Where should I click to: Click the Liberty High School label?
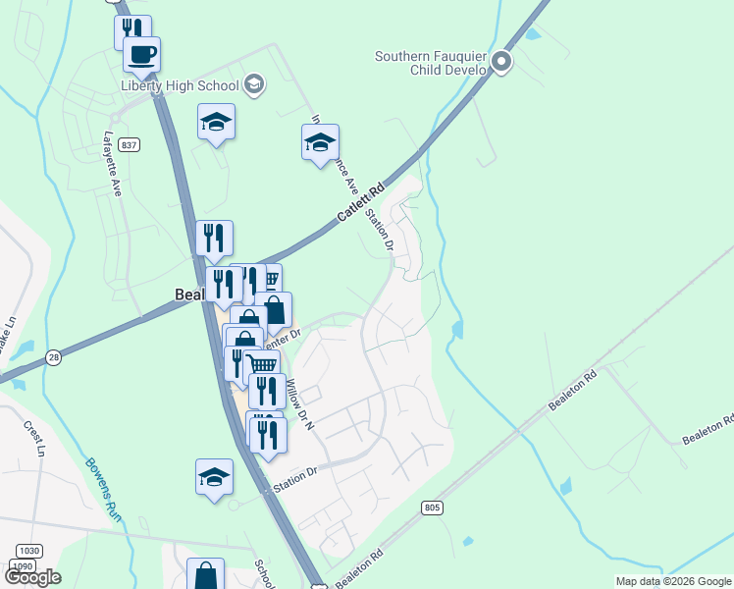180,85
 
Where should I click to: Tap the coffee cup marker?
142,55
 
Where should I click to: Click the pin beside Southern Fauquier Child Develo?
502,63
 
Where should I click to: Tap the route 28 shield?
54,358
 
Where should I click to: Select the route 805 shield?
435,508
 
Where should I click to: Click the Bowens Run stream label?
102,490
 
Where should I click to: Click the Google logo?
32,577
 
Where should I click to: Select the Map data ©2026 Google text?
673,581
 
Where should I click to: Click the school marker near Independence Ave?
320,143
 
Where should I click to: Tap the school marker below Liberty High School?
216,124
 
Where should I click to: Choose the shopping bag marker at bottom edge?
206,575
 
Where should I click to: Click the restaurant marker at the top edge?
132,31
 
